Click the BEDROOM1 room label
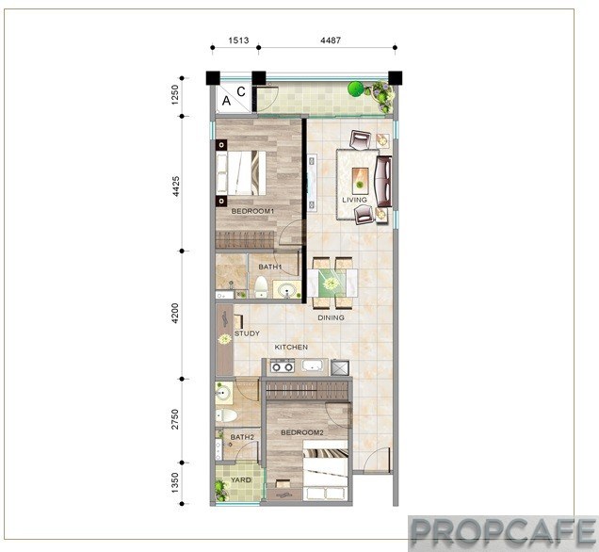tap(253, 211)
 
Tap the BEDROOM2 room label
tap(302, 432)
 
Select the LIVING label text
tap(354, 200)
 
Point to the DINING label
tap(331, 317)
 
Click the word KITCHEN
tap(291, 347)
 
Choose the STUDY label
tap(247, 333)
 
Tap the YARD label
tap(241, 479)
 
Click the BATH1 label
tap(270, 267)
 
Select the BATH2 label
tap(242, 437)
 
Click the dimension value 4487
tap(331, 41)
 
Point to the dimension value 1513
tap(238, 41)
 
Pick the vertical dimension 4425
tap(175, 186)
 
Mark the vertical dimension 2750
tap(175, 419)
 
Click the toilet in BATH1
tap(261, 287)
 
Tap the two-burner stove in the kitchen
tap(282, 366)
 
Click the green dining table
tap(332, 284)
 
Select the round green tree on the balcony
tap(355, 89)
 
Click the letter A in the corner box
tap(226, 101)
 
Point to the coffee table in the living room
tap(360, 181)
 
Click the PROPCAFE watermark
tap(503, 532)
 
